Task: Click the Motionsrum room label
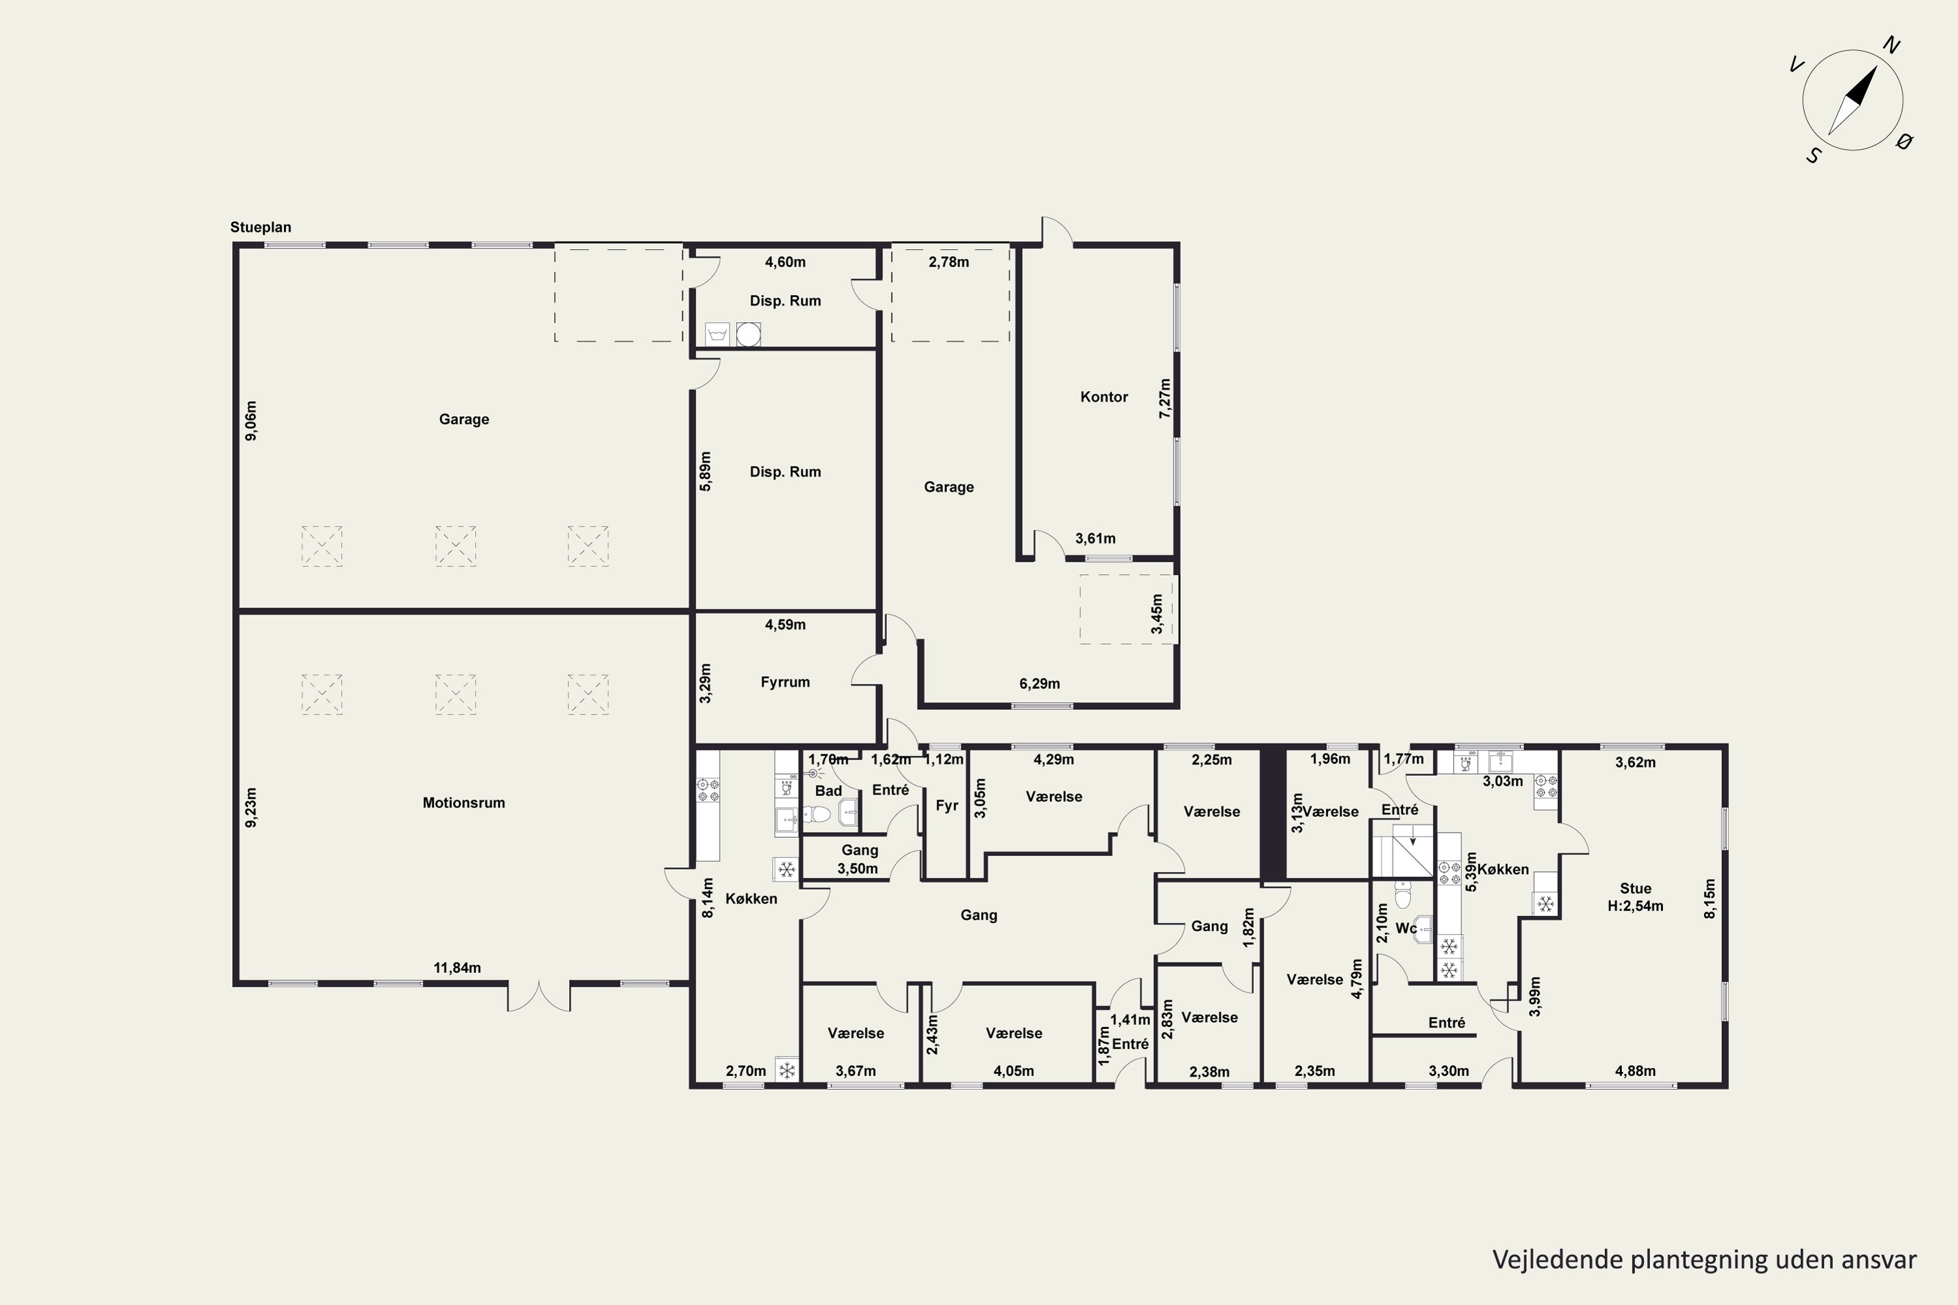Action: [x=463, y=803]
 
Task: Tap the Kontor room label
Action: [x=1104, y=397]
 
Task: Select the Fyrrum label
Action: [x=785, y=683]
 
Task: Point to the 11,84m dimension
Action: [x=457, y=968]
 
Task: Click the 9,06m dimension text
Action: [x=251, y=420]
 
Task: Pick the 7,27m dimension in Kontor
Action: [x=1164, y=398]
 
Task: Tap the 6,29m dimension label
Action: [x=1040, y=684]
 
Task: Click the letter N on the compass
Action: [x=1891, y=45]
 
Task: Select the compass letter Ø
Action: [x=1903, y=142]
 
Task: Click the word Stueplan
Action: [x=260, y=227]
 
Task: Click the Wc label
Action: [x=1406, y=928]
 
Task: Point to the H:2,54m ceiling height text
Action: [x=1635, y=906]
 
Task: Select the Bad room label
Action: [x=828, y=791]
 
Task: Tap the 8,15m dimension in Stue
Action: [x=1710, y=899]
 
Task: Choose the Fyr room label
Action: [x=946, y=806]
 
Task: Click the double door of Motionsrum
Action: [x=538, y=996]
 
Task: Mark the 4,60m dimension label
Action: [x=785, y=262]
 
